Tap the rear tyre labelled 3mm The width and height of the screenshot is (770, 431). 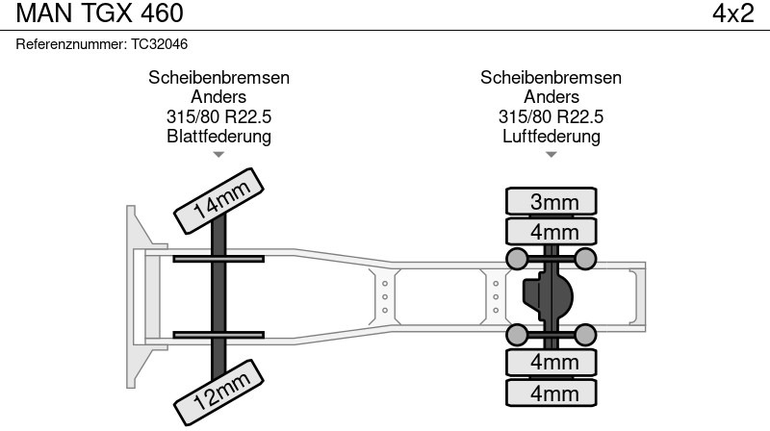coord(552,201)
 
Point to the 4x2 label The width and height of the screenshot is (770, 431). coord(732,13)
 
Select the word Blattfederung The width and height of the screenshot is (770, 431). coord(218,136)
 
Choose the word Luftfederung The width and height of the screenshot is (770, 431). coord(552,136)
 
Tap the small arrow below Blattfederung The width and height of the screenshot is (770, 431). coord(218,154)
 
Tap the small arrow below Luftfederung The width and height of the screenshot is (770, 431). coord(552,154)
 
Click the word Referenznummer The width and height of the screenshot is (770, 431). coord(72,44)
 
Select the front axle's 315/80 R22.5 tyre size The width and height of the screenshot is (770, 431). coord(218,116)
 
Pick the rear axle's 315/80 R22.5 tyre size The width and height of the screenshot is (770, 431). coord(552,116)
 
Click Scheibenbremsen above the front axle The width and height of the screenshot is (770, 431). coord(218,78)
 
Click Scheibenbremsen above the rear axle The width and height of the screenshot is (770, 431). coord(552,78)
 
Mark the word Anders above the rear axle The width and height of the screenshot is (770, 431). coord(552,97)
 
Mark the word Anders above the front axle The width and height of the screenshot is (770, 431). coord(218,97)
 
